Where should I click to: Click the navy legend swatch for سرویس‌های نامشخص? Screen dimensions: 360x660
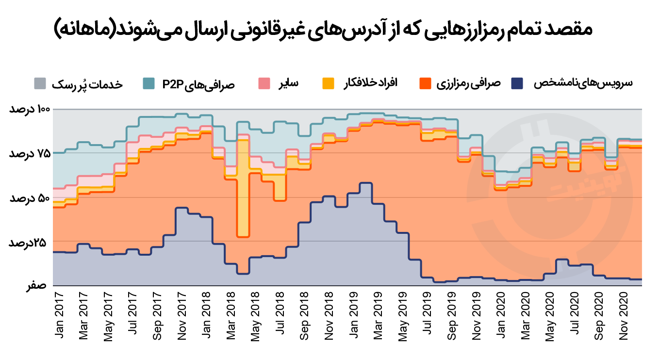pos(518,83)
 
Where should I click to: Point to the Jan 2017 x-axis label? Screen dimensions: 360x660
pos(59,315)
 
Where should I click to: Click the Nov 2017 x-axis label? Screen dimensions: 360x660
pos(182,315)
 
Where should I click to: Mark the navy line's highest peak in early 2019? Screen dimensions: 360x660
pos(365,183)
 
